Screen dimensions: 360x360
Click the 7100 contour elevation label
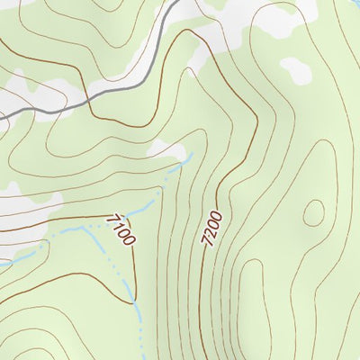click(121, 229)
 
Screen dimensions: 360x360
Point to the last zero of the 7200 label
click(215, 215)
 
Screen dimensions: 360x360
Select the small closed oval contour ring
click(313, 212)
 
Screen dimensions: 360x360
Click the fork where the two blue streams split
click(85, 227)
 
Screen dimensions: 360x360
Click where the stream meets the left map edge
click(2, 265)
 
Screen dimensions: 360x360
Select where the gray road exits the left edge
click(2, 116)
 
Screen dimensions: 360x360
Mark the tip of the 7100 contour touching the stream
click(133, 297)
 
